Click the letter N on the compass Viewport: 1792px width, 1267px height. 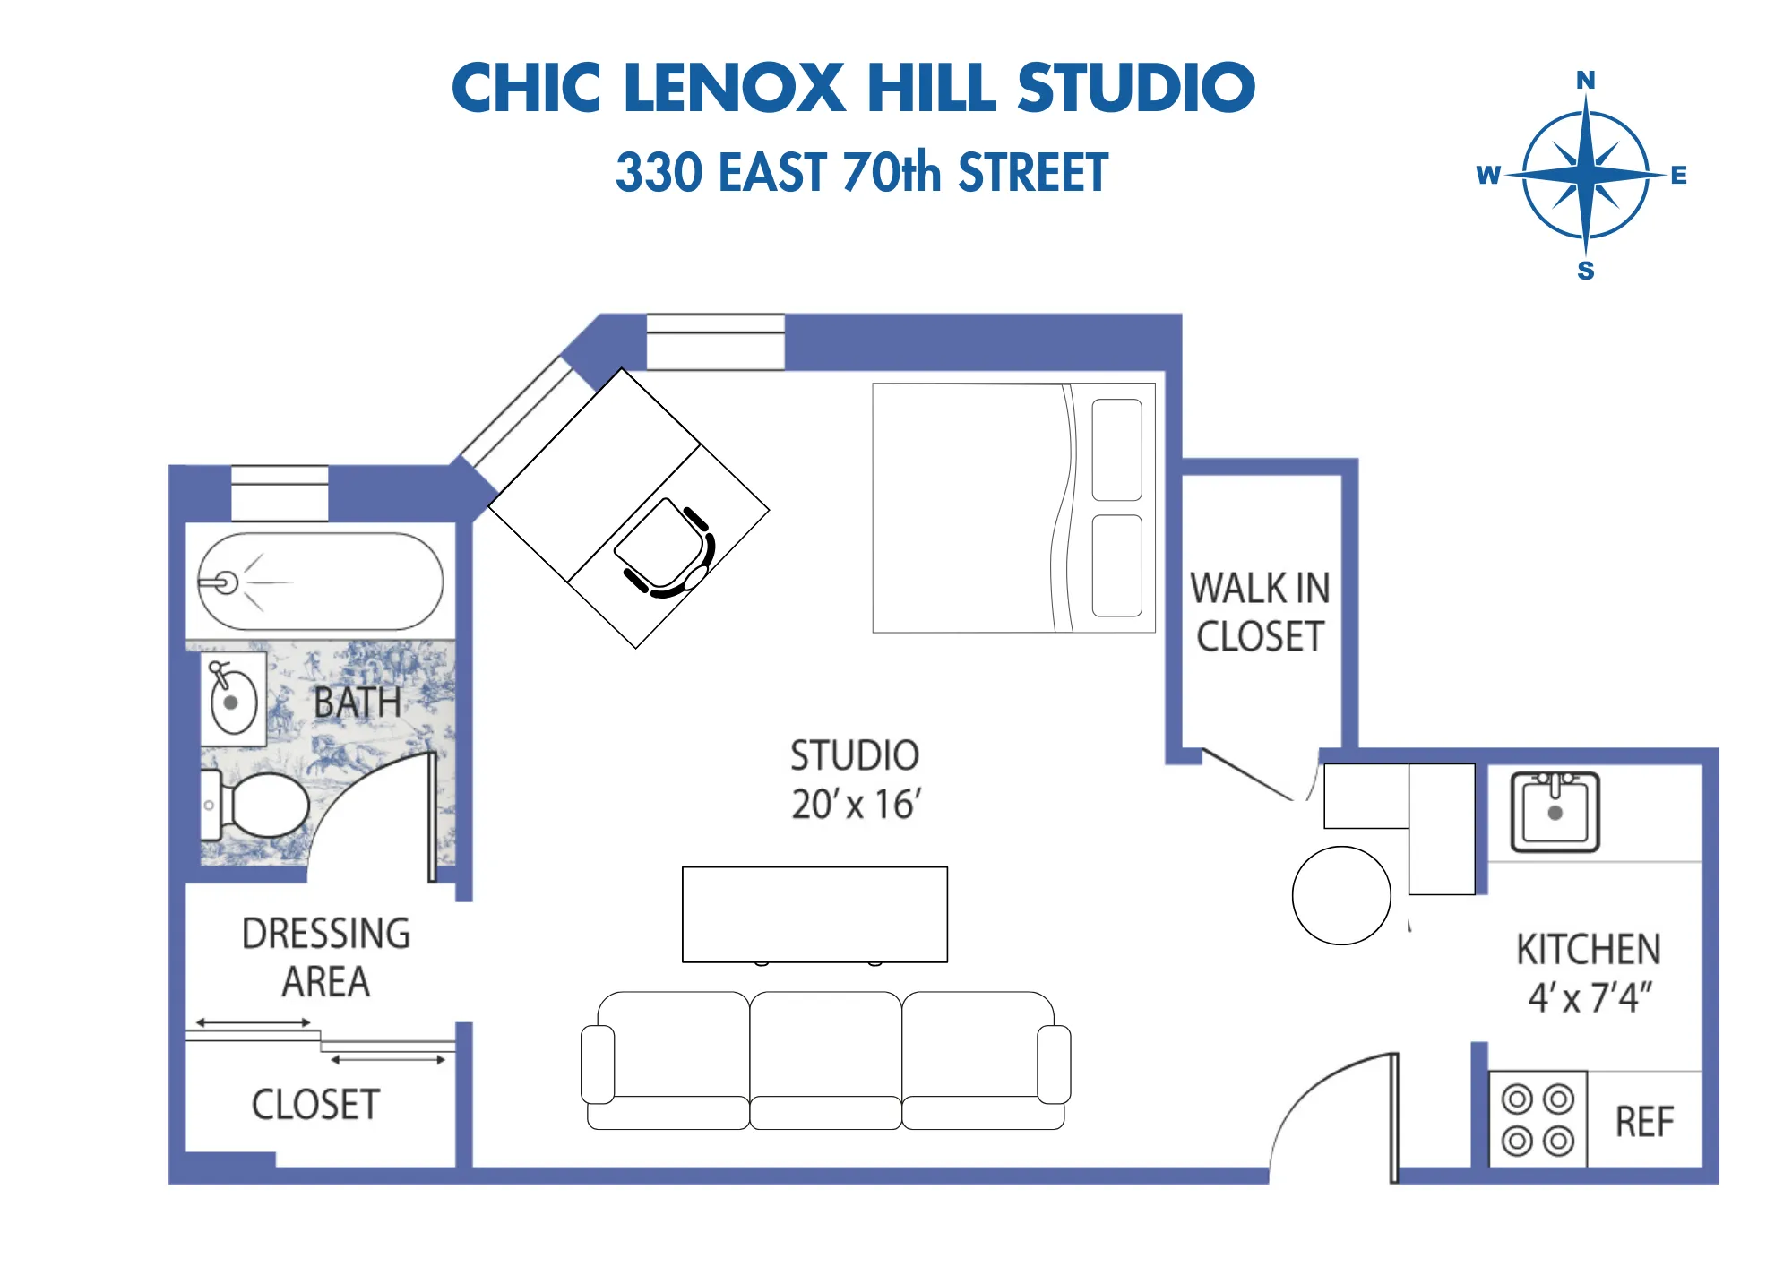tap(1585, 81)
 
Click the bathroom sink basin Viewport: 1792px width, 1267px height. tap(233, 702)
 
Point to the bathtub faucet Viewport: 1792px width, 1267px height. tap(220, 582)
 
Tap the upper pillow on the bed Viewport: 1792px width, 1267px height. tap(1116, 450)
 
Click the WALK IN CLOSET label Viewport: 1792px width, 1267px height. tap(1259, 613)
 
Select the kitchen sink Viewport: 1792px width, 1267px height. tap(1555, 812)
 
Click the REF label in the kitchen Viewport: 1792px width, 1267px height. tap(1644, 1122)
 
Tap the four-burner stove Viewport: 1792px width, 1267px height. tap(1538, 1120)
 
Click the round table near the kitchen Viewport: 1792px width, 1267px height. tap(1341, 895)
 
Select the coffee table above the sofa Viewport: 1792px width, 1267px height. tap(814, 914)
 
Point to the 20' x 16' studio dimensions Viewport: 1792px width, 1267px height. tap(856, 805)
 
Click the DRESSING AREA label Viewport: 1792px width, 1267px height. tap(325, 957)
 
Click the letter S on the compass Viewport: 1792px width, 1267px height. tap(1585, 271)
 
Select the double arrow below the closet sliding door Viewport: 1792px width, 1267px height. tap(388, 1060)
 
